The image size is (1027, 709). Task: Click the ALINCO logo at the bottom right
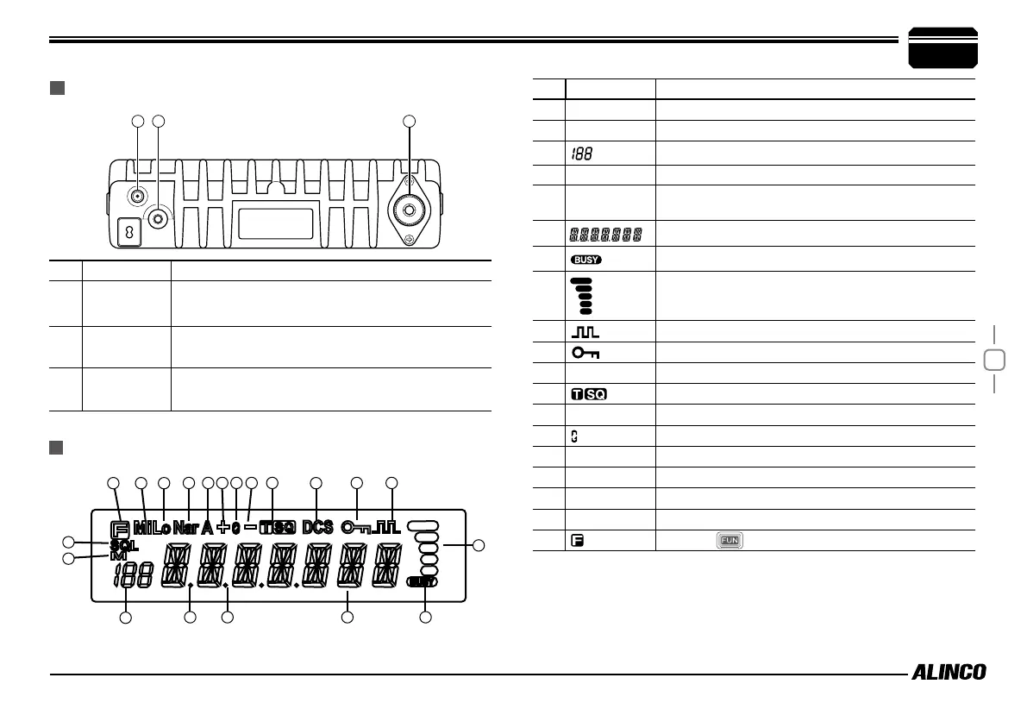(x=949, y=673)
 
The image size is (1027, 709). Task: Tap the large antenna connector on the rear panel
(x=410, y=209)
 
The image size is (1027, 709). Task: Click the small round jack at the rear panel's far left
(x=137, y=197)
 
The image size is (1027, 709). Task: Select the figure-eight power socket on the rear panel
(x=127, y=233)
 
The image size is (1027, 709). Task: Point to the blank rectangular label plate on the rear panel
(x=275, y=223)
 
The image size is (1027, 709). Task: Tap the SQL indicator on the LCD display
(x=122, y=545)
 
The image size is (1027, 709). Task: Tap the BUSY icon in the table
(x=586, y=259)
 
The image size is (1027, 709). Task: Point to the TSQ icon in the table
(x=588, y=394)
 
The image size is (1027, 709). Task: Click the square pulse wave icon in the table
(x=586, y=332)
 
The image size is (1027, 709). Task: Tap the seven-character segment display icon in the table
(x=604, y=234)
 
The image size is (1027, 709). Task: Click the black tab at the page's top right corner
(x=943, y=48)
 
